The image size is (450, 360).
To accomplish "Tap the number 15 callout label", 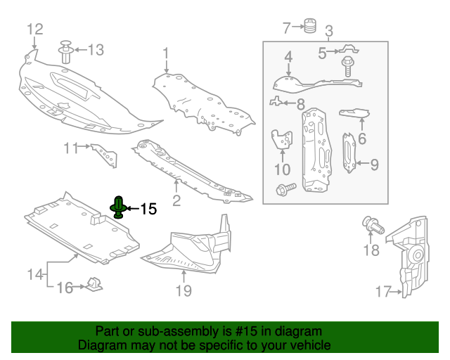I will [x=148, y=209].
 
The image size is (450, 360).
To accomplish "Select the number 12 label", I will [x=34, y=29].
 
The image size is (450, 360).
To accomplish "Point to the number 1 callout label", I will [x=165, y=53].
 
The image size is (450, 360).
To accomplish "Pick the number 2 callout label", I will [x=176, y=200].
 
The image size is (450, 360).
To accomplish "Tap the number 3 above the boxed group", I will [x=328, y=31].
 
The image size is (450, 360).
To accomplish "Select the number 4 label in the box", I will [x=288, y=56].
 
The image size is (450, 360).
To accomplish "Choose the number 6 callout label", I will [x=361, y=139].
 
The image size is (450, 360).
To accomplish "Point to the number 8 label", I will [x=300, y=104].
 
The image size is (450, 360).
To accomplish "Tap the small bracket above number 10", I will [x=283, y=140].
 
